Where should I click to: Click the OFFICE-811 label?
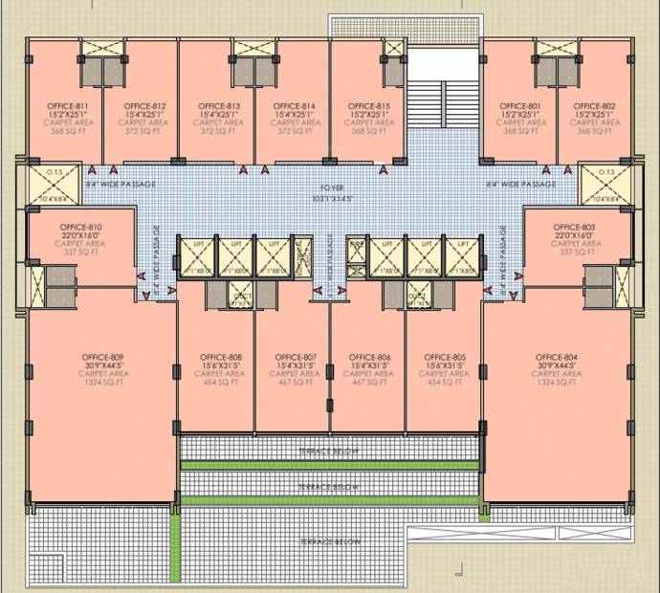(68, 105)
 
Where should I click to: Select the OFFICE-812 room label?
(144, 105)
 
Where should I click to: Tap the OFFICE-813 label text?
(219, 105)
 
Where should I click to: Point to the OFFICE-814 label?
(294, 105)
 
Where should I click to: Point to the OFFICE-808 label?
(222, 357)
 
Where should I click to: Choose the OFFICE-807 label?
(296, 357)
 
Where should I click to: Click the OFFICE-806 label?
(369, 357)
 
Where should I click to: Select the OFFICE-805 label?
(445, 357)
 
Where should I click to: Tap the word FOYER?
(332, 187)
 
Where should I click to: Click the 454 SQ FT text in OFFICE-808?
(222, 383)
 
